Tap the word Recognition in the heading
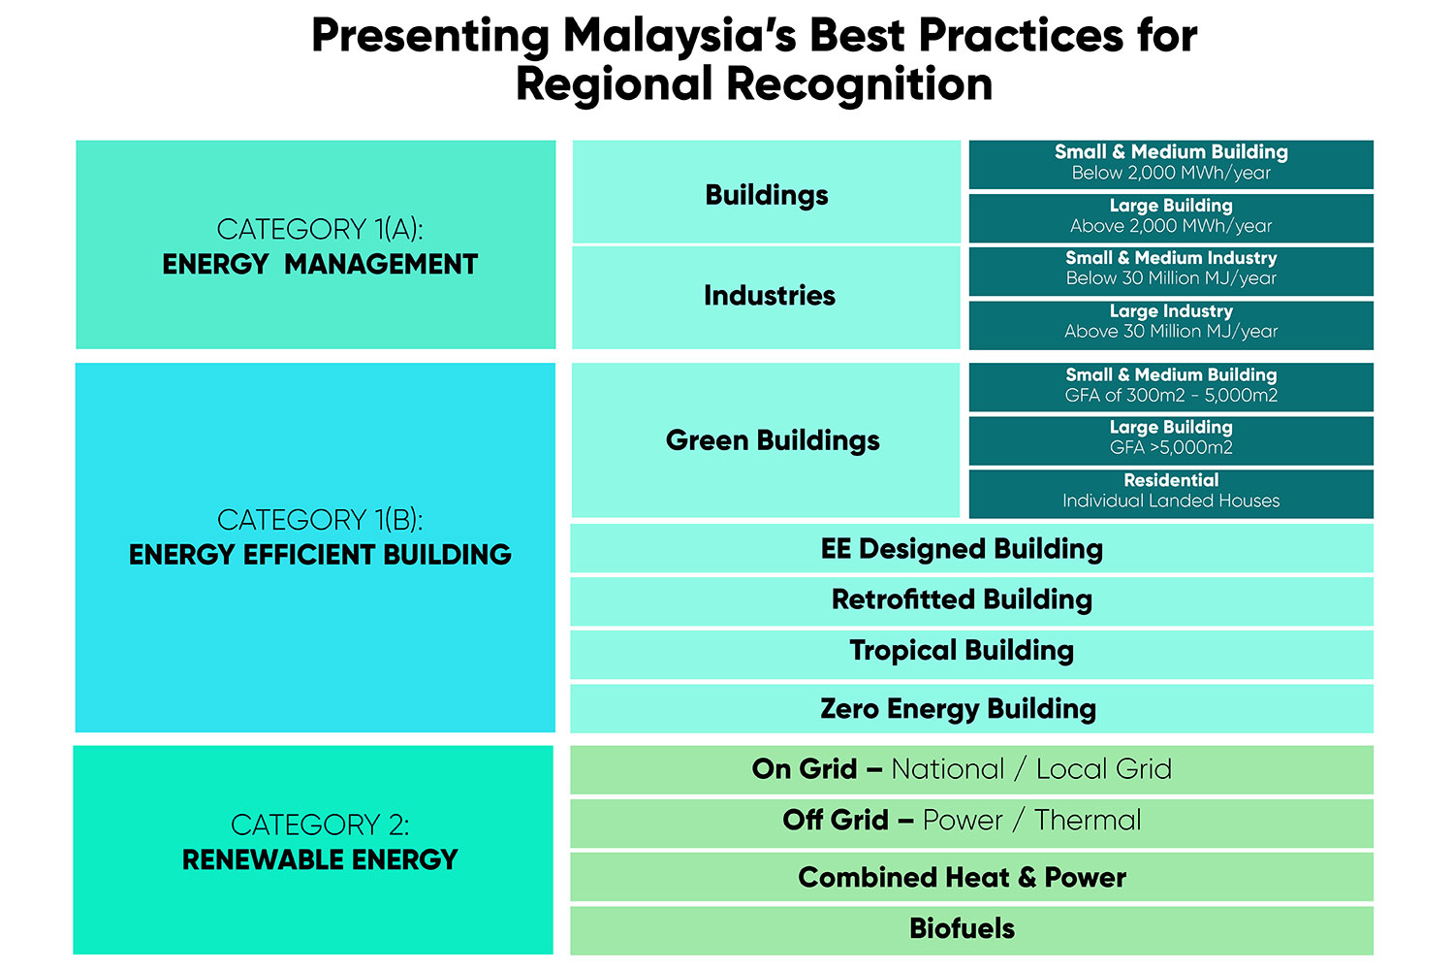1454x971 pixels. click(x=860, y=83)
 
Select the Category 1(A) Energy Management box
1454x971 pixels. click(x=315, y=244)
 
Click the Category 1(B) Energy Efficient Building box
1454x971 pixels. click(x=315, y=547)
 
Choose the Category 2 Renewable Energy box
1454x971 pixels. click(x=313, y=850)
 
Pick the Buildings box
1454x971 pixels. click(x=767, y=192)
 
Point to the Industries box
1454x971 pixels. click(x=766, y=298)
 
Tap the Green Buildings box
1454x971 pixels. click(x=766, y=440)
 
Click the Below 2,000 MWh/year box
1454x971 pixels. click(x=1171, y=164)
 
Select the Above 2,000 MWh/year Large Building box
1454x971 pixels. click(x=1171, y=218)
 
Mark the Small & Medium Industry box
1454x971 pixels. click(x=1171, y=271)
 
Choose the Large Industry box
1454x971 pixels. click(x=1171, y=325)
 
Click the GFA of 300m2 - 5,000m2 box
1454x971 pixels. click(x=1171, y=387)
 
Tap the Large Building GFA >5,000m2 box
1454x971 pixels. click(x=1171, y=441)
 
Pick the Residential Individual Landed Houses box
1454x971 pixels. click(x=1171, y=495)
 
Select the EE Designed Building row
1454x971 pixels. click(x=971, y=548)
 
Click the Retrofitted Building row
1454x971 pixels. click(x=971, y=602)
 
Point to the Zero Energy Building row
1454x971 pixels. click(x=971, y=708)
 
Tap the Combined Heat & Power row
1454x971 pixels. click(x=971, y=877)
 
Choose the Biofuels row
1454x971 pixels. click(x=971, y=930)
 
